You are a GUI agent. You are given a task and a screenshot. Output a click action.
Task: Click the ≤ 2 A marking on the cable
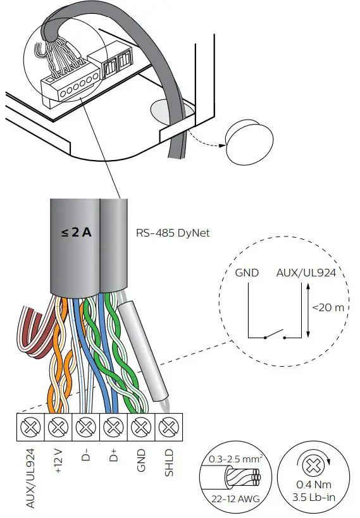pos(77,232)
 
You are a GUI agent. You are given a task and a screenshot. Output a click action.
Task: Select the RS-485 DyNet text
pos(173,233)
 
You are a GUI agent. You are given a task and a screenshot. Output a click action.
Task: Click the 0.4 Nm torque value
pos(309,484)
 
